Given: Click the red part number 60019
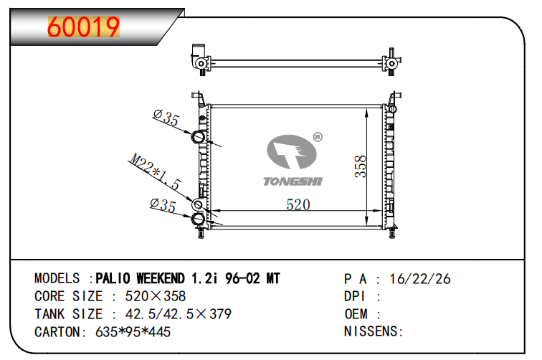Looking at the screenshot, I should [83, 27].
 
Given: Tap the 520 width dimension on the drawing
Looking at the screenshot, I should [298, 204].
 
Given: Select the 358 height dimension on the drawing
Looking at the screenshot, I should [360, 166].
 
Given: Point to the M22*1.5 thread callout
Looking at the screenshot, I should [155, 171].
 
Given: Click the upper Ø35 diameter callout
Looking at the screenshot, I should [166, 119].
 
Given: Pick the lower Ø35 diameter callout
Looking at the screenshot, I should [163, 205].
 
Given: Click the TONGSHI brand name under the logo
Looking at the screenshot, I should [293, 181].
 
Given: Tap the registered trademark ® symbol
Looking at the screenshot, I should [318, 136].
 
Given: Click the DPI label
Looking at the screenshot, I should [356, 296].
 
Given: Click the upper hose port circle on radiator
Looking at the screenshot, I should [199, 137].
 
